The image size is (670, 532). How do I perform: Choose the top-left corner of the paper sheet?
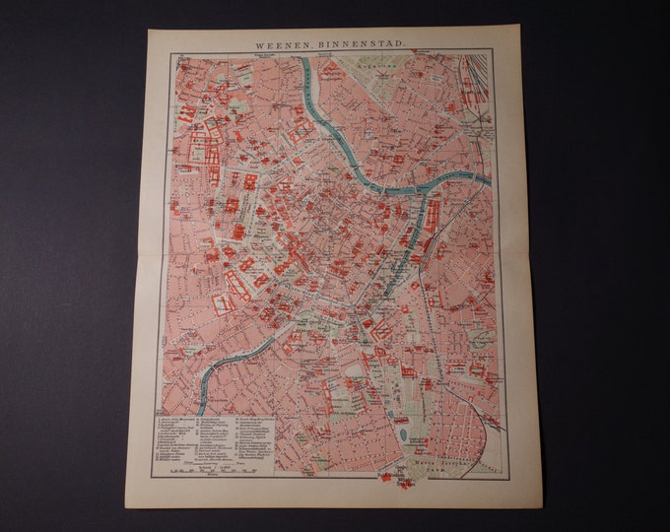(x=149, y=30)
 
